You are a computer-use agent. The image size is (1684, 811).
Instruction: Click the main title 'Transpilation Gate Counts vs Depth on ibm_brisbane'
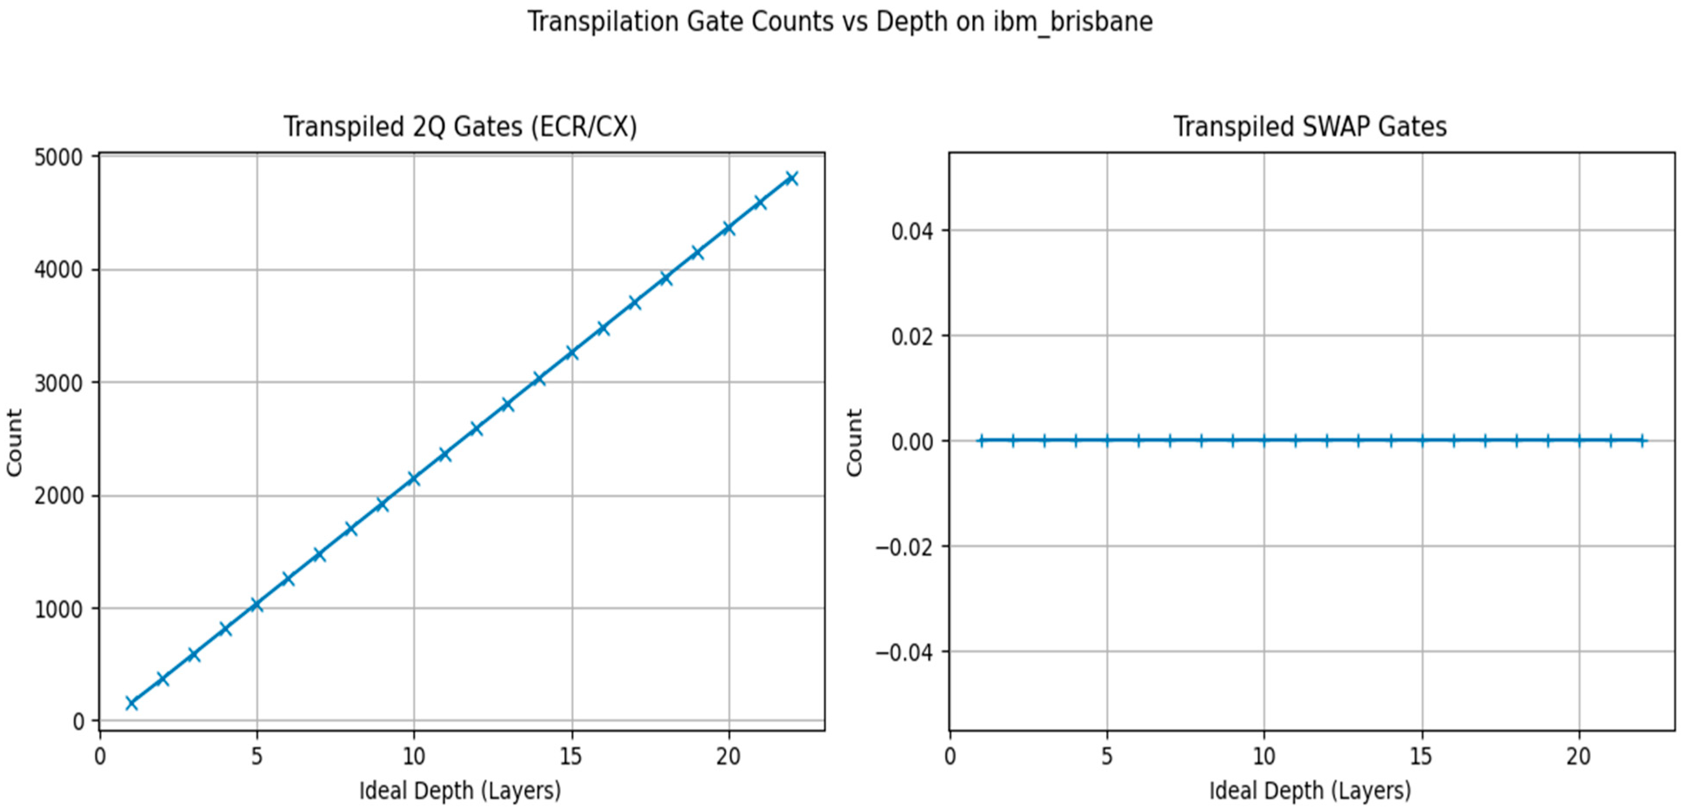840,22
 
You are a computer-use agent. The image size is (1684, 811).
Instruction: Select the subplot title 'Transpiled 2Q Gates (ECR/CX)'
460,126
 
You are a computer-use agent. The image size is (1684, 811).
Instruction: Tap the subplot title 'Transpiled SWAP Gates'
1310,126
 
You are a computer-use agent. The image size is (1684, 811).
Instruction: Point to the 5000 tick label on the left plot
58,157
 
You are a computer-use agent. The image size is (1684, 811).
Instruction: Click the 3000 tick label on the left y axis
58,383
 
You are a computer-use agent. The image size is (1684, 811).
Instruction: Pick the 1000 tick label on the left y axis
58,609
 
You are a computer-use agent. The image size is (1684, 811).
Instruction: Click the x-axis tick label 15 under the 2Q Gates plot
571,757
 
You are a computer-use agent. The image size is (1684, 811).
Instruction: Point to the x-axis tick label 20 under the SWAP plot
1578,757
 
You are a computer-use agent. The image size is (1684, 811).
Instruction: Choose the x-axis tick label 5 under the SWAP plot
1106,757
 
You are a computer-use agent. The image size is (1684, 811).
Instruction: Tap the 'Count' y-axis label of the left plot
14,442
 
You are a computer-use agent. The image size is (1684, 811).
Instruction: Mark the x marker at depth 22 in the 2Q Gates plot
791,178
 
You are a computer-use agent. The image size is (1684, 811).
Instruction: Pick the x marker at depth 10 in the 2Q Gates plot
413,479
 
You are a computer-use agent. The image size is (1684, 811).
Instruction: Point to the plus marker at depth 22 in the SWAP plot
1641,441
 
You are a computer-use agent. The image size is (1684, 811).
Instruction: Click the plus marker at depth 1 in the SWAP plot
980,441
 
